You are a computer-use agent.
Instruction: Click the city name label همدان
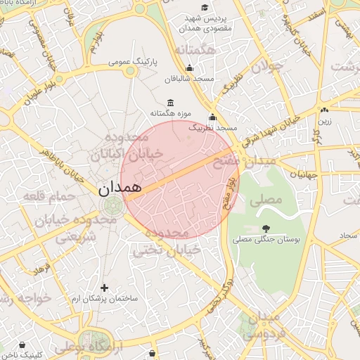point(119,188)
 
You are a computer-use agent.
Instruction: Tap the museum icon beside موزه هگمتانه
point(171,103)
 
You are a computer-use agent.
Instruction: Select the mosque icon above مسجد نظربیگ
point(212,117)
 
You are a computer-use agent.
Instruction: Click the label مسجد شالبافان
point(188,79)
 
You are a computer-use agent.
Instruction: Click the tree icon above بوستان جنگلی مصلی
point(266,228)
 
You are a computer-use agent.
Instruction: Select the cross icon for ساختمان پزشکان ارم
point(105,287)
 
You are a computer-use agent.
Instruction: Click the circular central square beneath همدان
point(111,206)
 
